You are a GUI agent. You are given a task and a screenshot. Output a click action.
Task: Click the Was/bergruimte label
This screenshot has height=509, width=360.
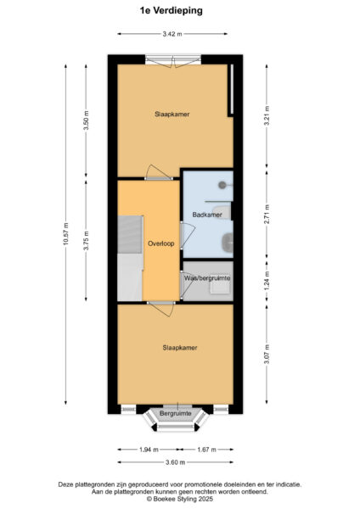[207, 278]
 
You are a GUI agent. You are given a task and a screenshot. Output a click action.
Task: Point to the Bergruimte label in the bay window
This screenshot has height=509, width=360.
[177, 412]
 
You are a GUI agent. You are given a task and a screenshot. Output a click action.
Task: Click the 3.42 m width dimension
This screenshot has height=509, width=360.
[177, 34]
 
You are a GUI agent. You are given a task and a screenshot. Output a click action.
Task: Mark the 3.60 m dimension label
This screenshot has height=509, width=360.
[177, 461]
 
